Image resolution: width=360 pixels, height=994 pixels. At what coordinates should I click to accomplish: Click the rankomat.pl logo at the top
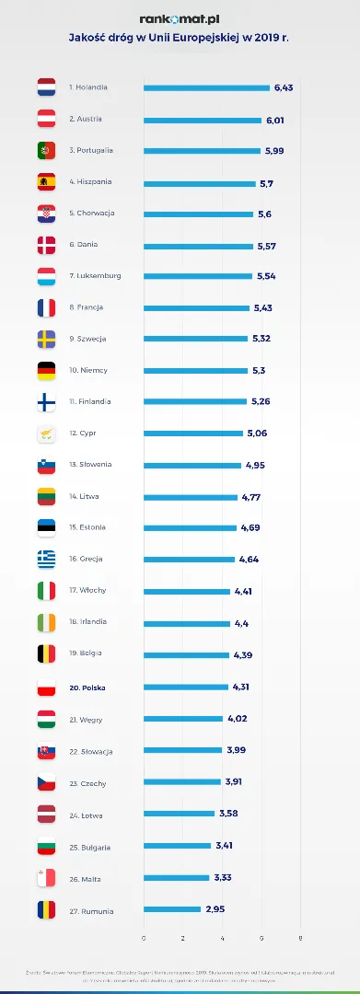click(x=180, y=18)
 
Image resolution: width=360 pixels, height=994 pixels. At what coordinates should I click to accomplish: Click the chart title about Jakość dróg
click(x=180, y=40)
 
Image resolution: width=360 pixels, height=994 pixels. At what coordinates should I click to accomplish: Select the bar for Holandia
click(x=206, y=88)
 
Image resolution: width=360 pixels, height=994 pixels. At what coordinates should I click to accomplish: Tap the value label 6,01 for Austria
click(x=275, y=120)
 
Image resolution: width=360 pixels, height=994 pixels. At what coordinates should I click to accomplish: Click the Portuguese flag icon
click(x=46, y=150)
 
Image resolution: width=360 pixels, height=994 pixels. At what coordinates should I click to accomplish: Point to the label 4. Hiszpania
click(x=88, y=182)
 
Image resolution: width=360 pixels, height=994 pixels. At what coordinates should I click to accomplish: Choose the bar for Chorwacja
click(x=198, y=214)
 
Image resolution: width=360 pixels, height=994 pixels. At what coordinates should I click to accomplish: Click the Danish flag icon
click(x=46, y=245)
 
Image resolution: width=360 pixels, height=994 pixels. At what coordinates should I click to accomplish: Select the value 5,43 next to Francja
click(x=263, y=307)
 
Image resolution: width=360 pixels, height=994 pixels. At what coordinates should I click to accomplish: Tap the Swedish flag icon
click(x=46, y=339)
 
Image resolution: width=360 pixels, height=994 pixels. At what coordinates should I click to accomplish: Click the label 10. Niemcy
click(x=88, y=370)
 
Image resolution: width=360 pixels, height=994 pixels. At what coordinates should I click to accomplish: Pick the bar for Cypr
click(x=193, y=433)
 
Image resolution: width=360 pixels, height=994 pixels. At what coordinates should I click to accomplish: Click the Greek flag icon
click(x=46, y=559)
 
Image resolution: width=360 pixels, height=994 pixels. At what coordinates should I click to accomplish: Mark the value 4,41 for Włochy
click(x=243, y=591)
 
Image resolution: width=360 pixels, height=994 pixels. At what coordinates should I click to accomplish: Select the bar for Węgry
click(x=183, y=719)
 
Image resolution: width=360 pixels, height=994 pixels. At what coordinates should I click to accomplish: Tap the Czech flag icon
click(x=46, y=783)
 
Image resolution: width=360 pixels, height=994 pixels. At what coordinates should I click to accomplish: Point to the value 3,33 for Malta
click(x=222, y=878)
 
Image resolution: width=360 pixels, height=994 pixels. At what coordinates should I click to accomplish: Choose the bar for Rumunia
click(x=172, y=910)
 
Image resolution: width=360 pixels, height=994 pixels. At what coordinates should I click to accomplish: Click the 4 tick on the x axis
click(x=222, y=938)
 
